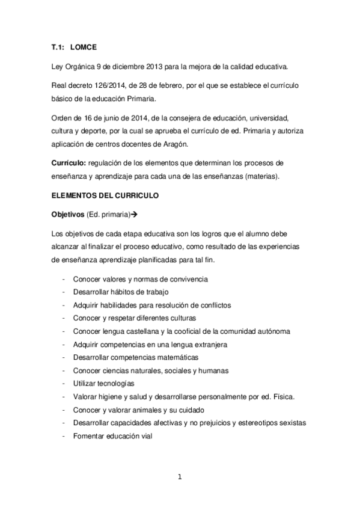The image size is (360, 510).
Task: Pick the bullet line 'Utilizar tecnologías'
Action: pyautogui.click(x=103, y=384)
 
